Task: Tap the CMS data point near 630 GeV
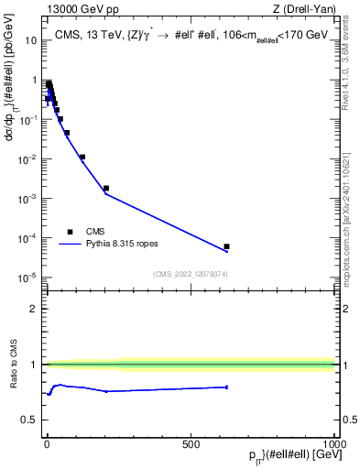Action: click(x=226, y=246)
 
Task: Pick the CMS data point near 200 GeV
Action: click(x=106, y=188)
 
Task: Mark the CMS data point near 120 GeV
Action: click(x=82, y=157)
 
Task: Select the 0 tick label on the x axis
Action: click(x=47, y=443)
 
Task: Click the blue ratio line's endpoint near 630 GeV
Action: click(x=226, y=387)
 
